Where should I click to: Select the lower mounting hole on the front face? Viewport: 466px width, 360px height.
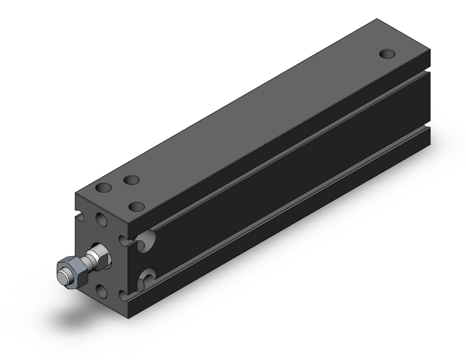[102, 291]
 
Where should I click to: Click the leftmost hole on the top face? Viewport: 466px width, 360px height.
[103, 189]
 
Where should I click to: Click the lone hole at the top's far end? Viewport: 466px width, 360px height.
[386, 54]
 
